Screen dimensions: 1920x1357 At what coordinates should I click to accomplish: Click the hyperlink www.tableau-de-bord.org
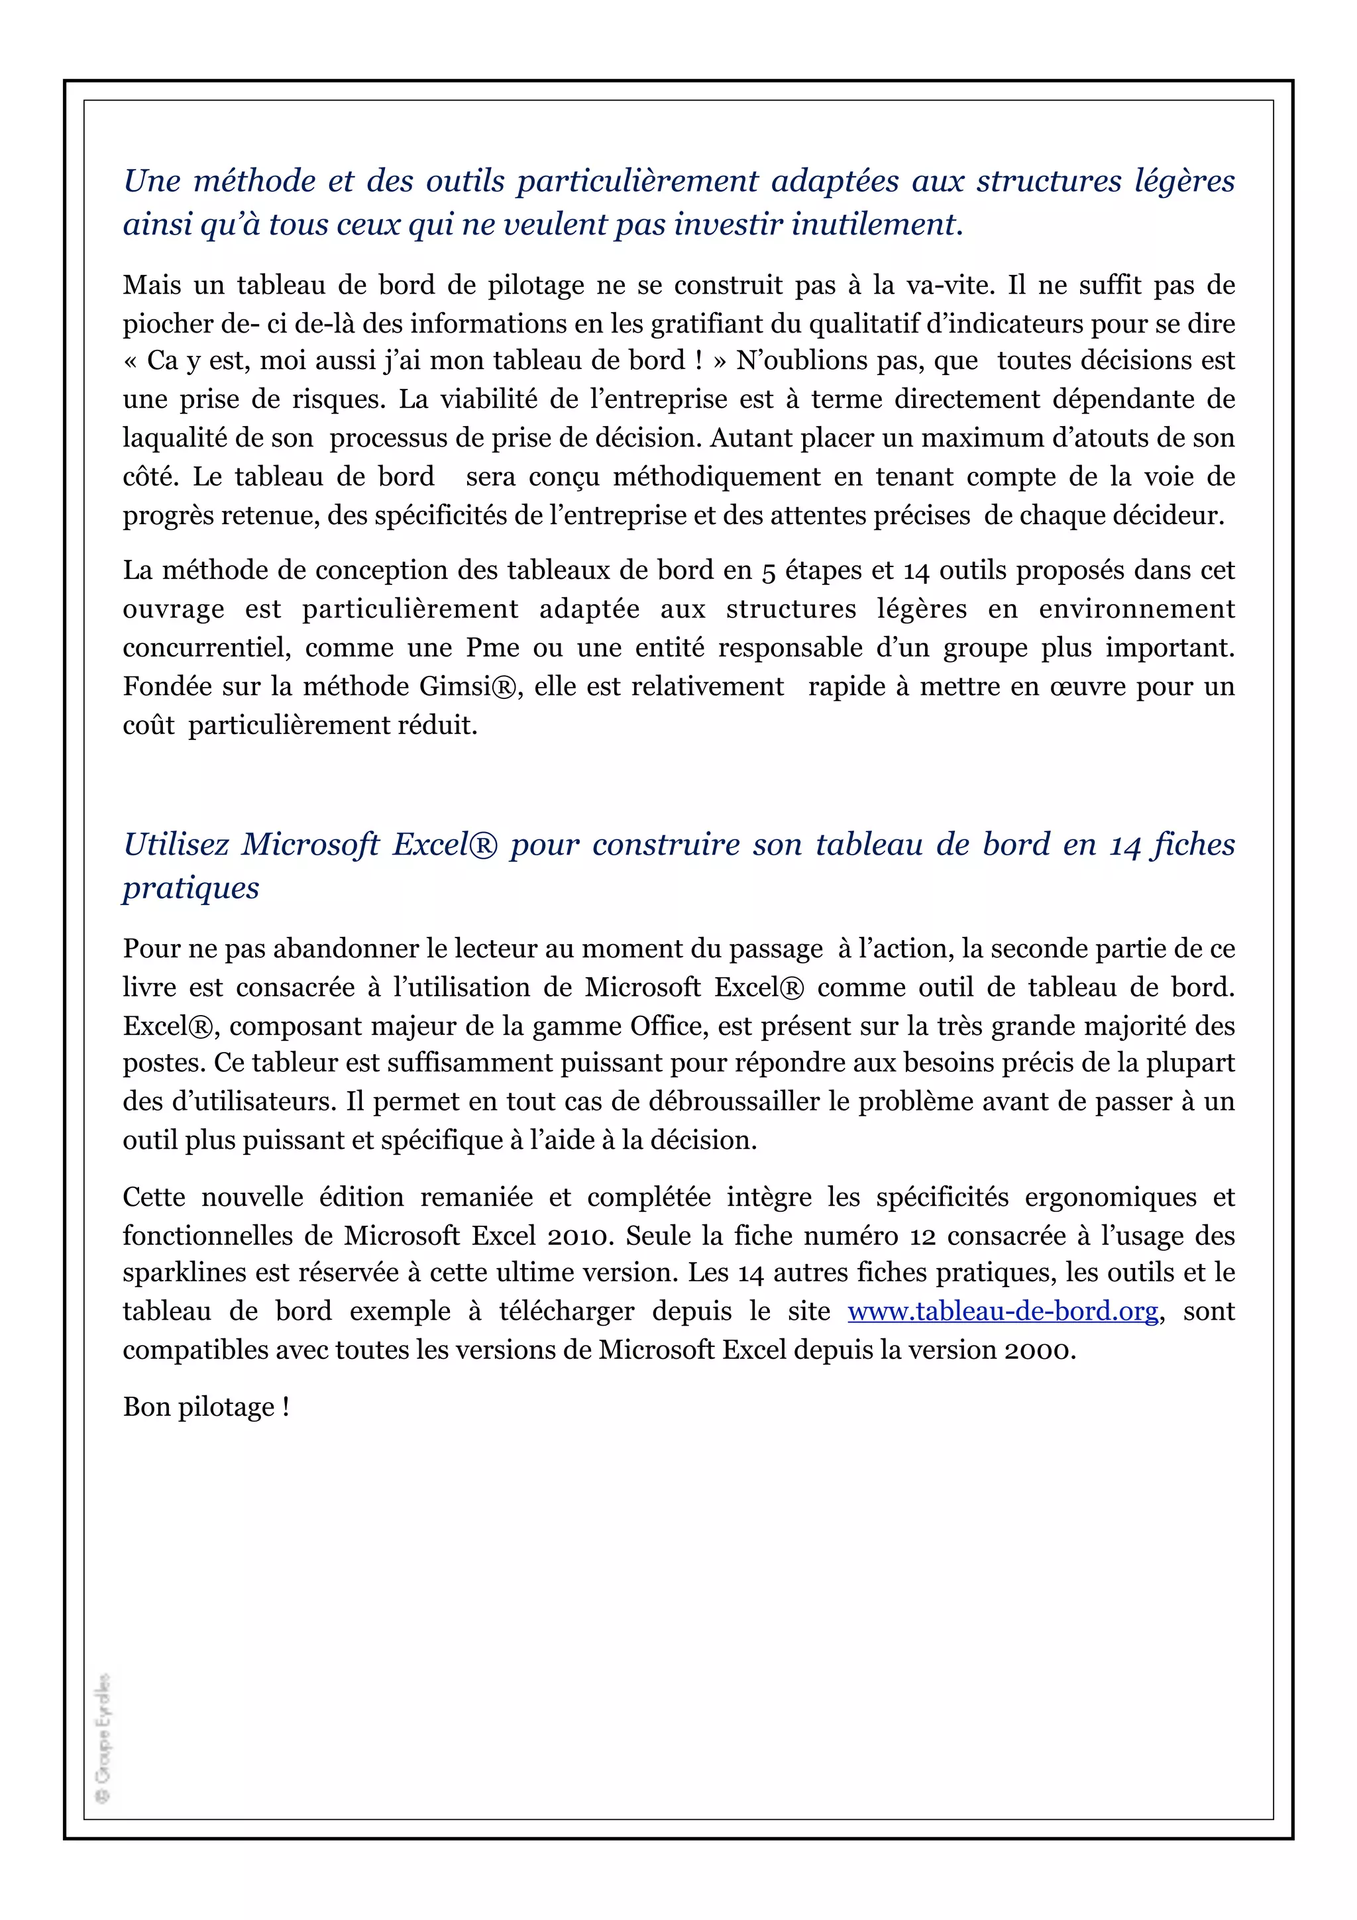click(1003, 1311)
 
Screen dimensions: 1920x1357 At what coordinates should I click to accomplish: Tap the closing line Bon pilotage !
click(205, 1407)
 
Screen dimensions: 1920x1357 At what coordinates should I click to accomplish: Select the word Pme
click(492, 647)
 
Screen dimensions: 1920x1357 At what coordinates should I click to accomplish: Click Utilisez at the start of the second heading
click(176, 845)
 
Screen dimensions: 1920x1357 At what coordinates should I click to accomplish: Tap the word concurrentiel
click(205, 647)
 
